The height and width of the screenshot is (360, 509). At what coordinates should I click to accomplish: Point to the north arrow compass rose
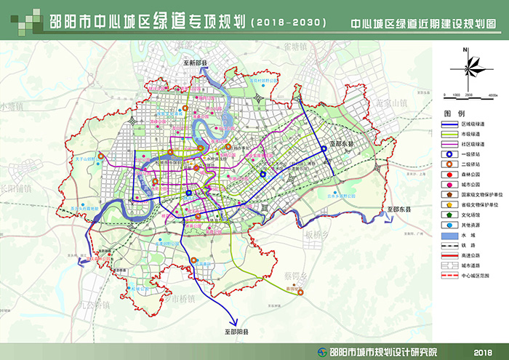tap(466, 70)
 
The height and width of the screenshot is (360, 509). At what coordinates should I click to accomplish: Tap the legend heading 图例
tap(454, 114)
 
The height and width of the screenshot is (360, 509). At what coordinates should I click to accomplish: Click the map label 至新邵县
tap(195, 64)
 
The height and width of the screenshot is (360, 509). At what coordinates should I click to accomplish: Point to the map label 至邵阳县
tap(231, 332)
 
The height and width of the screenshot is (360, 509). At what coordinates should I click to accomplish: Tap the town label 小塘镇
tap(12, 107)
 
